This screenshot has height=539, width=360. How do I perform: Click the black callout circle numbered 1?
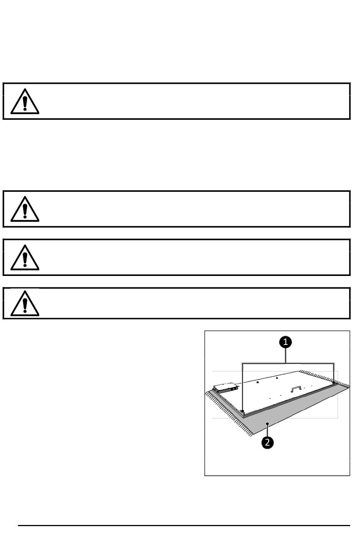(x=285, y=342)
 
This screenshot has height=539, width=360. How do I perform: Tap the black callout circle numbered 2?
(x=268, y=442)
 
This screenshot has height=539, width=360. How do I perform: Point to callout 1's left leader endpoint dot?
(x=243, y=411)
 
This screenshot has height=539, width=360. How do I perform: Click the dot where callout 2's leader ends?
(x=268, y=424)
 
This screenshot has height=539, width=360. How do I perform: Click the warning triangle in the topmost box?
(x=25, y=102)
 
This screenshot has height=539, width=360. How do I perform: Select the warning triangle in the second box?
(x=25, y=209)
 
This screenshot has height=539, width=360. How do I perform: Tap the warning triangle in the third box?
(x=25, y=258)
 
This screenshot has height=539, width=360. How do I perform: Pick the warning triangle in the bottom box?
(x=25, y=303)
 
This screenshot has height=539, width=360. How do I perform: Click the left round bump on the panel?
(x=258, y=382)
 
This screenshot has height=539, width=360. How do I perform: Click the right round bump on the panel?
(x=277, y=378)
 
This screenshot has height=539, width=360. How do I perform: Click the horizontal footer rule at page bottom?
(x=184, y=525)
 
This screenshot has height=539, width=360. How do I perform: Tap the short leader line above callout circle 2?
(x=268, y=430)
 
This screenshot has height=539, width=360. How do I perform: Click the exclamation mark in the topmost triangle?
(x=25, y=103)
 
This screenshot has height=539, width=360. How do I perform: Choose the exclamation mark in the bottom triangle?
(x=25, y=304)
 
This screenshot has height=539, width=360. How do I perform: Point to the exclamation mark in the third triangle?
(x=25, y=259)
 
